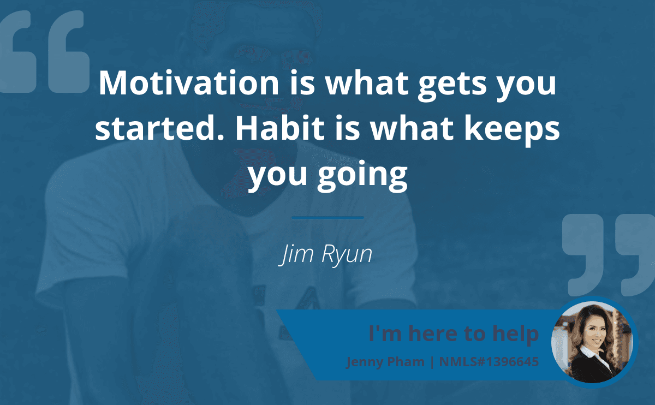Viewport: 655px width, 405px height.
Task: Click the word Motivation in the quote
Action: click(x=189, y=83)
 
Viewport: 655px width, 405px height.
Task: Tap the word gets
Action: click(x=452, y=85)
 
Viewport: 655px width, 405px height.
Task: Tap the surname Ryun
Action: click(x=347, y=255)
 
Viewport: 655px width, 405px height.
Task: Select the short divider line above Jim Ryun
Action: click(x=327, y=218)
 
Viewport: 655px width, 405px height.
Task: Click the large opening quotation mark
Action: click(x=44, y=52)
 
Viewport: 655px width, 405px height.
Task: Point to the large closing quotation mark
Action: click(x=608, y=254)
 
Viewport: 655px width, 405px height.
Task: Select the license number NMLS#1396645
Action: click(x=489, y=361)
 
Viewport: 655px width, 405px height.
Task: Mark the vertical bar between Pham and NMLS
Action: click(x=432, y=362)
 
